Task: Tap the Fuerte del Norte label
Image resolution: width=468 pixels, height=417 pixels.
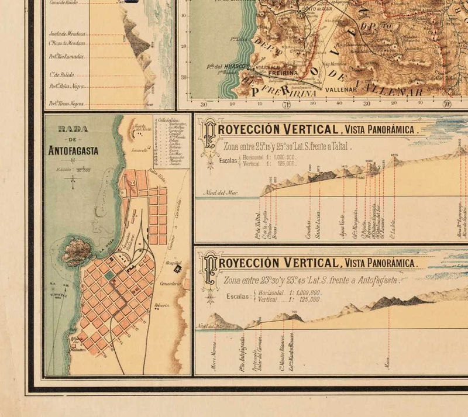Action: click(140, 127)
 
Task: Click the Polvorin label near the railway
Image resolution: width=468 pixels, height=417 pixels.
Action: click(162, 305)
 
